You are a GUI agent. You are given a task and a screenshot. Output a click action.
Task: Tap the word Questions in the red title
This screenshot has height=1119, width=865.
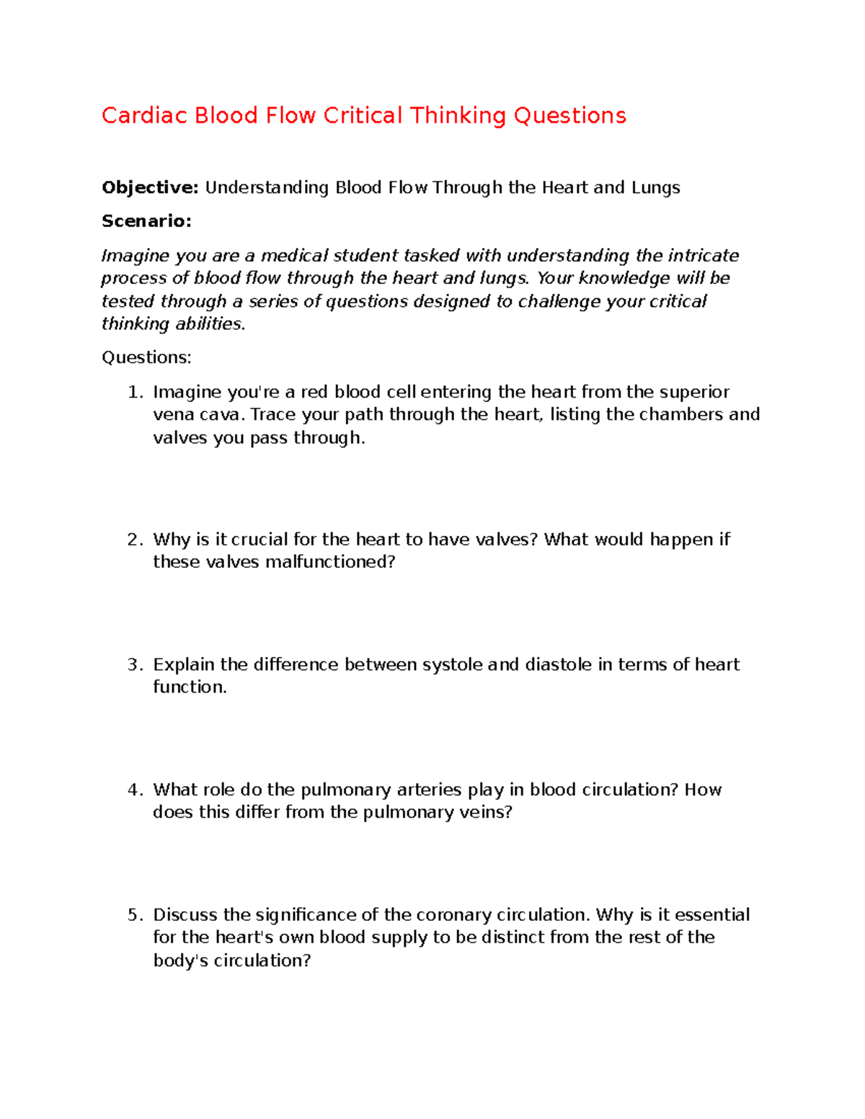point(569,115)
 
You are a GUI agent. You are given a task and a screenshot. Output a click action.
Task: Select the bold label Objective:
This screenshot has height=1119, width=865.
point(149,188)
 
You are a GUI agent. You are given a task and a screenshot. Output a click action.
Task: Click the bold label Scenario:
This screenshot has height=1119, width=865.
point(146,221)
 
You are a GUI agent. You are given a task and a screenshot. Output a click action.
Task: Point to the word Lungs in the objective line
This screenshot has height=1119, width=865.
point(655,188)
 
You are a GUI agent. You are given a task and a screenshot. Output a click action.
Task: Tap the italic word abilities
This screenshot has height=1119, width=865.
point(210,324)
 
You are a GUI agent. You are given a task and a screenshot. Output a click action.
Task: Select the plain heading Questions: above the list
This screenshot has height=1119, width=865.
point(146,357)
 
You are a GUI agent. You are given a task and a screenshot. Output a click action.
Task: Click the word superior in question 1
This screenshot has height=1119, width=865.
point(694,392)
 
